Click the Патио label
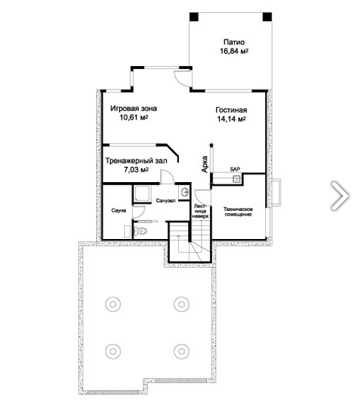234,42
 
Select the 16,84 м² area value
234,51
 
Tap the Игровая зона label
133,109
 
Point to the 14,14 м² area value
232,119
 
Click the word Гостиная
231,110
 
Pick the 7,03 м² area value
136,170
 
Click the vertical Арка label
205,164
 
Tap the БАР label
235,169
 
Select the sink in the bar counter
236,179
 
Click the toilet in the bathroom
141,231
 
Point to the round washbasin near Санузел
185,193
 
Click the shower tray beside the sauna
142,193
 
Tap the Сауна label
118,210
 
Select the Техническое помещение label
238,212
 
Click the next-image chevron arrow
340,196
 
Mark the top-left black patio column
194,17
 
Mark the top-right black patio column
267,17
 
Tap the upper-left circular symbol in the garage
113,304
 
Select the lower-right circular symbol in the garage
182,351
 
